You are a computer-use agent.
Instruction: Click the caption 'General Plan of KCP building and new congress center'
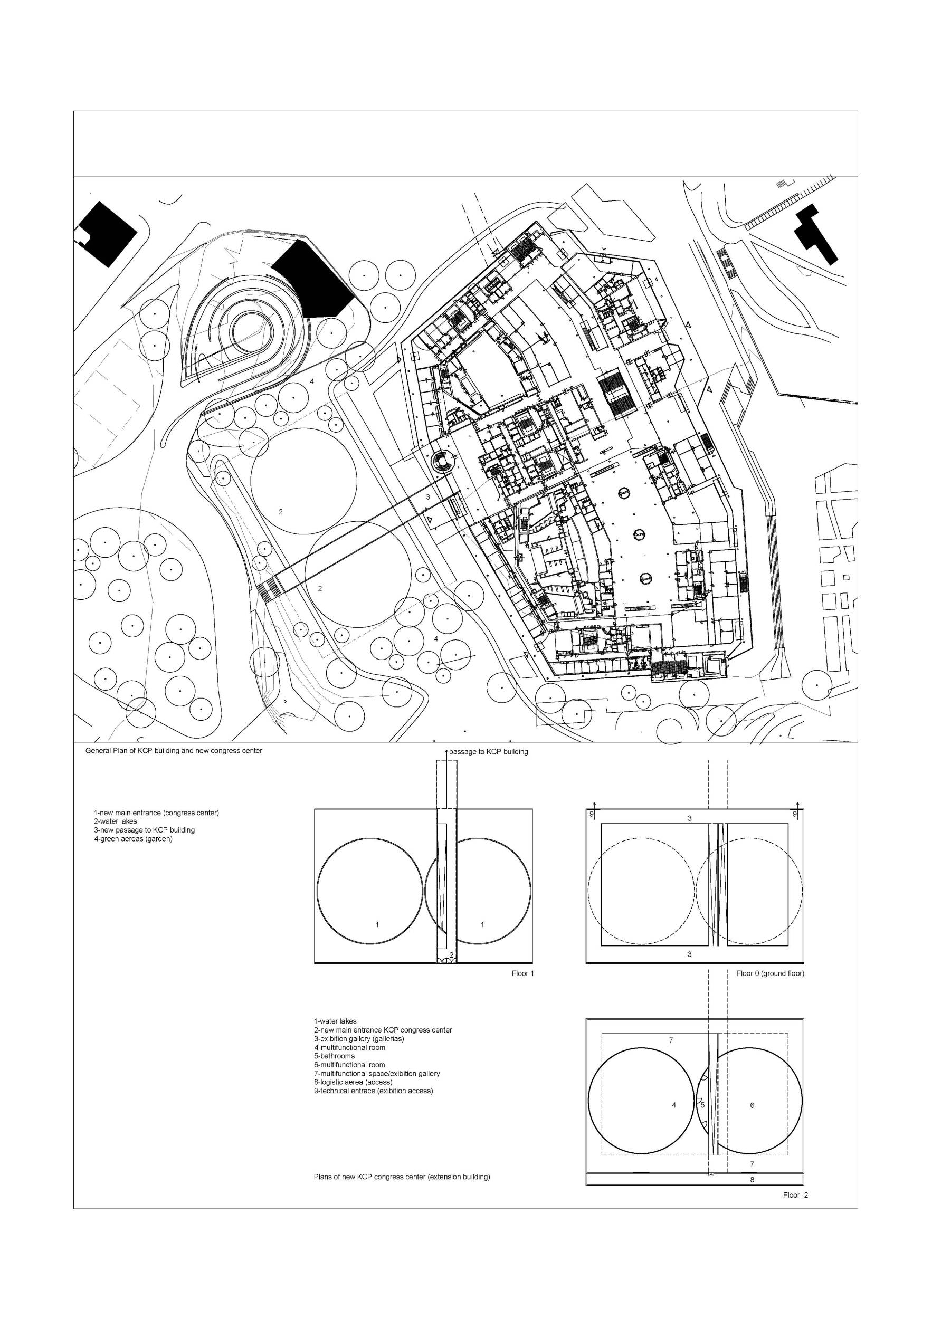tap(174, 751)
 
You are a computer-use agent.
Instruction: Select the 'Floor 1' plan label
tap(523, 973)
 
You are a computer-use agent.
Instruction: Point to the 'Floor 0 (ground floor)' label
tap(770, 973)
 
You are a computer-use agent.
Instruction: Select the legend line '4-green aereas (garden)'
tap(134, 839)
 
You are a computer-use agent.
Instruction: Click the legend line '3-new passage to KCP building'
tap(144, 830)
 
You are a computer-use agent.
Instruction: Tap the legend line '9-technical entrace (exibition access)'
tap(374, 1091)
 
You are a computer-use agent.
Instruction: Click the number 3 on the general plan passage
tap(427, 497)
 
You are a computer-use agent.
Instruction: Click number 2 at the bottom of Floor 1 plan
tap(452, 955)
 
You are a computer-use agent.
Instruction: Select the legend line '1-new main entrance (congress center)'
tap(156, 813)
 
